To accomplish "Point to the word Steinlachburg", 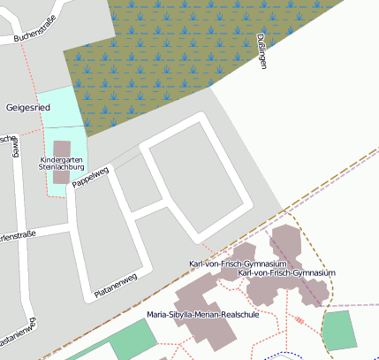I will tap(61, 165).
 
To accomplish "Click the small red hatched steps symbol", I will tap(299, 319).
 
